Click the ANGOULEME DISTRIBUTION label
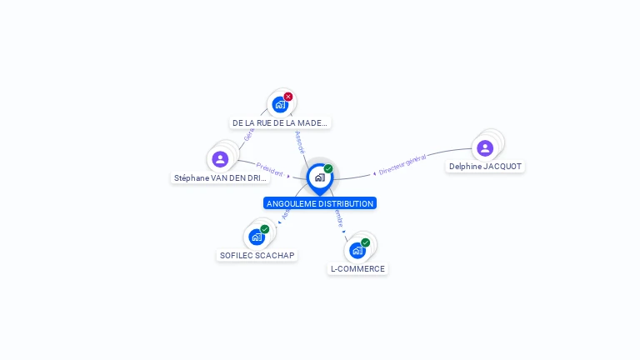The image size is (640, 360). [x=320, y=203]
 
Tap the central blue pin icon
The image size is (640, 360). [x=319, y=177]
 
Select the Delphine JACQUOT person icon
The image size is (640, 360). [x=485, y=147]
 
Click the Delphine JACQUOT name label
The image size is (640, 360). [x=485, y=167]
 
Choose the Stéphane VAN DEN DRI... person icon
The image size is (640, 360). [x=220, y=158]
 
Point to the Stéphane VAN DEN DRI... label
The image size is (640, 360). [x=221, y=177]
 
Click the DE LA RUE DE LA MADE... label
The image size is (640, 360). [x=280, y=122]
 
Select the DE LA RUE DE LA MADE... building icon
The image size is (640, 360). [x=280, y=105]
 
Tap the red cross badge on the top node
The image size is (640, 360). [x=288, y=97]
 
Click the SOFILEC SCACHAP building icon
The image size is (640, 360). [x=257, y=237]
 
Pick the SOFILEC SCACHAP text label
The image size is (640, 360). [x=257, y=255]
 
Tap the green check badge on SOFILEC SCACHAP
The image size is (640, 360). [x=265, y=229]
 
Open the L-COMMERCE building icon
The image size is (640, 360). [x=357, y=250]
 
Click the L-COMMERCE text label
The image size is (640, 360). [x=357, y=268]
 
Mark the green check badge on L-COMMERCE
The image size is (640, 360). [x=366, y=242]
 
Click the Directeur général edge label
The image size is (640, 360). [x=402, y=164]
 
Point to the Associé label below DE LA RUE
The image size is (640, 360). [x=300, y=141]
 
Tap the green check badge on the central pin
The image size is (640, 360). [x=328, y=169]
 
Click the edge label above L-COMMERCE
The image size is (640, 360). [x=338, y=219]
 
